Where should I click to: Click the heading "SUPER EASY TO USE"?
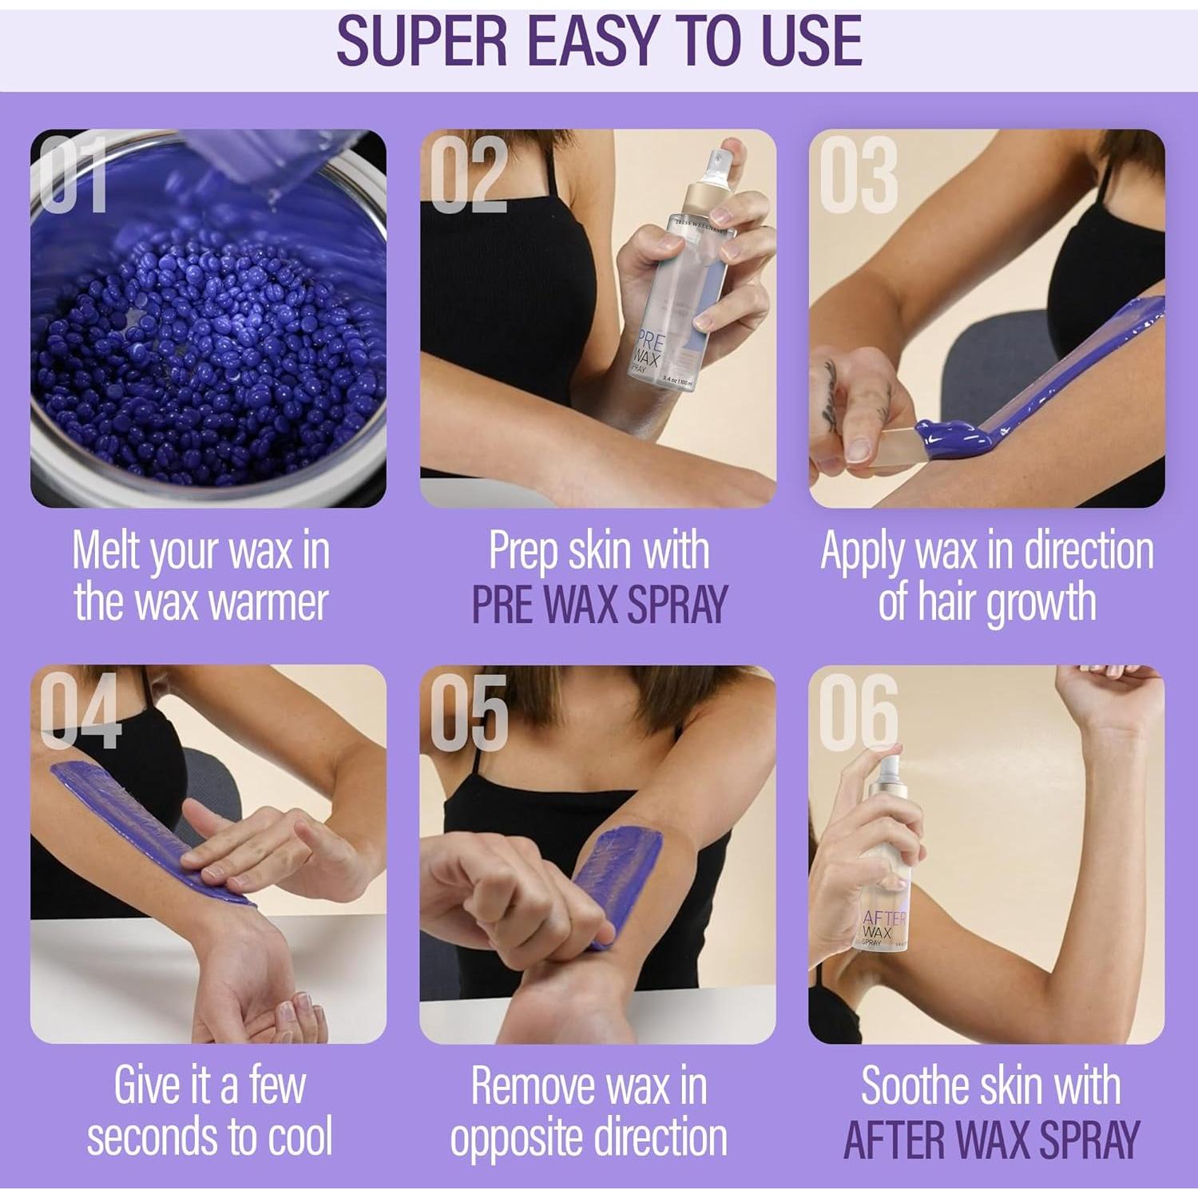[x=599, y=42]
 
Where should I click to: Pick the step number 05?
[x=468, y=711]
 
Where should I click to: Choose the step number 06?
[x=858, y=711]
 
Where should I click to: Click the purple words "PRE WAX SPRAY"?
[x=599, y=604]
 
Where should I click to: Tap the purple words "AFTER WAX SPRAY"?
[x=990, y=1139]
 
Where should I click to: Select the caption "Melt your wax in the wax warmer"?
[x=201, y=577]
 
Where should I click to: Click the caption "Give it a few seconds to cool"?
[x=209, y=1111]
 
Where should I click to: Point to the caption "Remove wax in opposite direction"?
[x=589, y=1111]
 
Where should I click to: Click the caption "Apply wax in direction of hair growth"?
[x=987, y=577]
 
